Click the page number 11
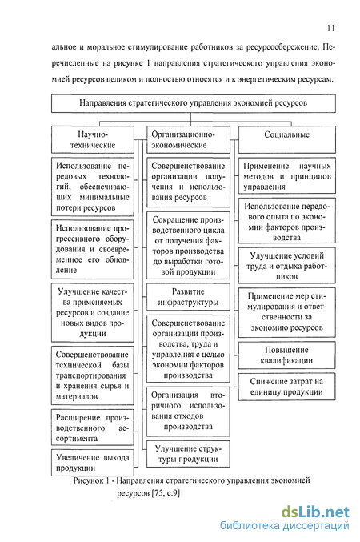pos(330,28)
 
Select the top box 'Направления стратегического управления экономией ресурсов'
pos(194,103)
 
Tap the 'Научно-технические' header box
pos(93,139)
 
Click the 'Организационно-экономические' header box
pos(188,139)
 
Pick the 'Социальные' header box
pos(286,139)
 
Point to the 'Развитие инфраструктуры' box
pos(188,297)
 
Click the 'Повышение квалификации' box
pos(286,355)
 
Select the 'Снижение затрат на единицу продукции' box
pos(286,387)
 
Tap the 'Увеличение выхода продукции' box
pos(93,463)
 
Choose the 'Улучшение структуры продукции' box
pos(188,454)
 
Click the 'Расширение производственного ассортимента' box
pos(93,428)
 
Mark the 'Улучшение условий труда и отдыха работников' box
pos(286,266)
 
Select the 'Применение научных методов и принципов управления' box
pos(286,175)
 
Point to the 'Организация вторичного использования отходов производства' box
pos(188,412)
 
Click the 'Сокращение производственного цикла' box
pos(188,246)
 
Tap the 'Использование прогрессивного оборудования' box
pos(93,249)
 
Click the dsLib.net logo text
pos(315,512)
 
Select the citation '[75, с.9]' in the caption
pos(166,492)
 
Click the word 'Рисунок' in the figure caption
pos(88,480)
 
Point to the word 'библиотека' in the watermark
pos(250,526)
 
